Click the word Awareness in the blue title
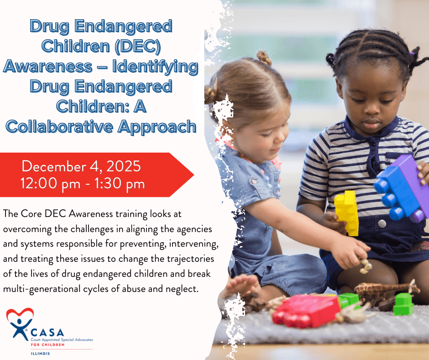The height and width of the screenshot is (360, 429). pos(47,67)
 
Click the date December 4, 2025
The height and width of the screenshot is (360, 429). pos(81,166)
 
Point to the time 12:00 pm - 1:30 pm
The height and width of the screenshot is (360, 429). pos(83,183)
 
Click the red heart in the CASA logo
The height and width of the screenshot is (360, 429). pos(20,314)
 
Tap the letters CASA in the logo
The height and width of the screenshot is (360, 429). pos(47,333)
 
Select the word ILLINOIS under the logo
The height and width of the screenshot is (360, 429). pos(40,354)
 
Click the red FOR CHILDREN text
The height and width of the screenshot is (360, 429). pos(47,344)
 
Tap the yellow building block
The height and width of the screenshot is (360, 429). pos(347,213)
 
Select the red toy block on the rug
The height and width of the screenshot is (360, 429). pos(307,311)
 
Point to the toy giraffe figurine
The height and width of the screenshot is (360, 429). pos(386,291)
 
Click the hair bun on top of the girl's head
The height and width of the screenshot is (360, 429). pos(264,58)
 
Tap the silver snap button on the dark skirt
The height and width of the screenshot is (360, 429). pos(382,224)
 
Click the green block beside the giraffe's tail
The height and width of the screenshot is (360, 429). pos(403,304)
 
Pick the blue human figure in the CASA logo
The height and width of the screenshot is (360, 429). pos(20,328)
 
